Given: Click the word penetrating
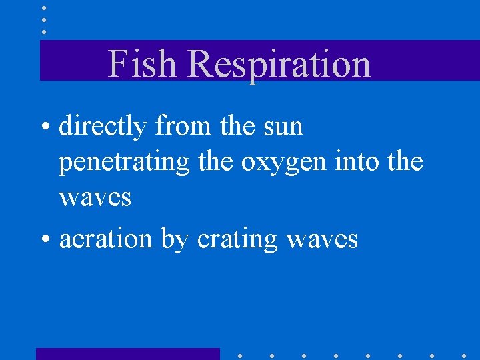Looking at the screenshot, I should point(124,163).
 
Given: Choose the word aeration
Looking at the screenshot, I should point(106,238).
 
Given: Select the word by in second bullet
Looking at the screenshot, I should point(175,239).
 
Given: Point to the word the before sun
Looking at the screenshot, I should point(237,127).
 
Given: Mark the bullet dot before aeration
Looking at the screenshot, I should point(49,239).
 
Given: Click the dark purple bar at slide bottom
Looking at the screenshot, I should point(127,353).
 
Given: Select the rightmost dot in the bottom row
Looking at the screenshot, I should point(464,355).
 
